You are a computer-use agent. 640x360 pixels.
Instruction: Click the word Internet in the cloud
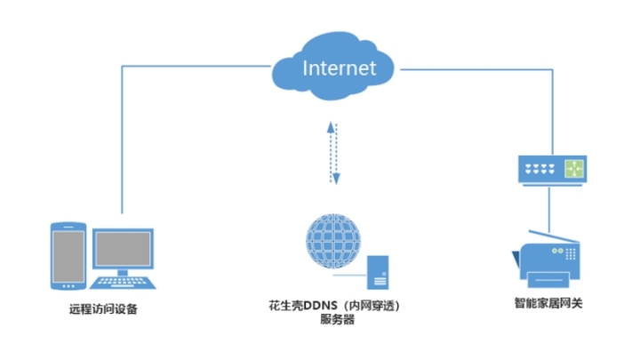[339, 68]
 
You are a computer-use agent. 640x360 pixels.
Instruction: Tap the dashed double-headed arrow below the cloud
[334, 154]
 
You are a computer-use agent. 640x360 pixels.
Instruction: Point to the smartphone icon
[67, 255]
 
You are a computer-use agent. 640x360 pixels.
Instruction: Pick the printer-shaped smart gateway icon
[548, 259]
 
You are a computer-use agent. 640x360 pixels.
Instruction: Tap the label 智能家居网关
[548, 304]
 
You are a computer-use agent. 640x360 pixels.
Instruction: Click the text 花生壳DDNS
[311, 305]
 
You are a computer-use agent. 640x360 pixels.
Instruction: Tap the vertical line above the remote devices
[121, 142]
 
